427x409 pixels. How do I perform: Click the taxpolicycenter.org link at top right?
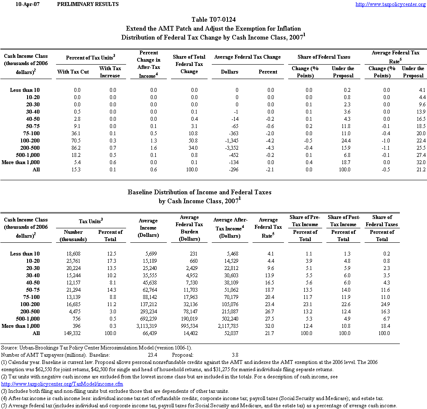pyautogui.click(x=390, y=4)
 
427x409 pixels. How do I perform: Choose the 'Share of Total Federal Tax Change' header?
pyautogui.click(x=189, y=64)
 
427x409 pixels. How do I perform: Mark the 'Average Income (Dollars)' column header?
pyautogui.click(x=148, y=228)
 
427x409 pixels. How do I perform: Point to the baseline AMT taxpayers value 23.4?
pyautogui.click(x=151, y=354)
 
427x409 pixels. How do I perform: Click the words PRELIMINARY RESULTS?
pyautogui.click(x=87, y=4)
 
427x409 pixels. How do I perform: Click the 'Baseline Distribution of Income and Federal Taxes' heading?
pyautogui.click(x=199, y=192)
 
